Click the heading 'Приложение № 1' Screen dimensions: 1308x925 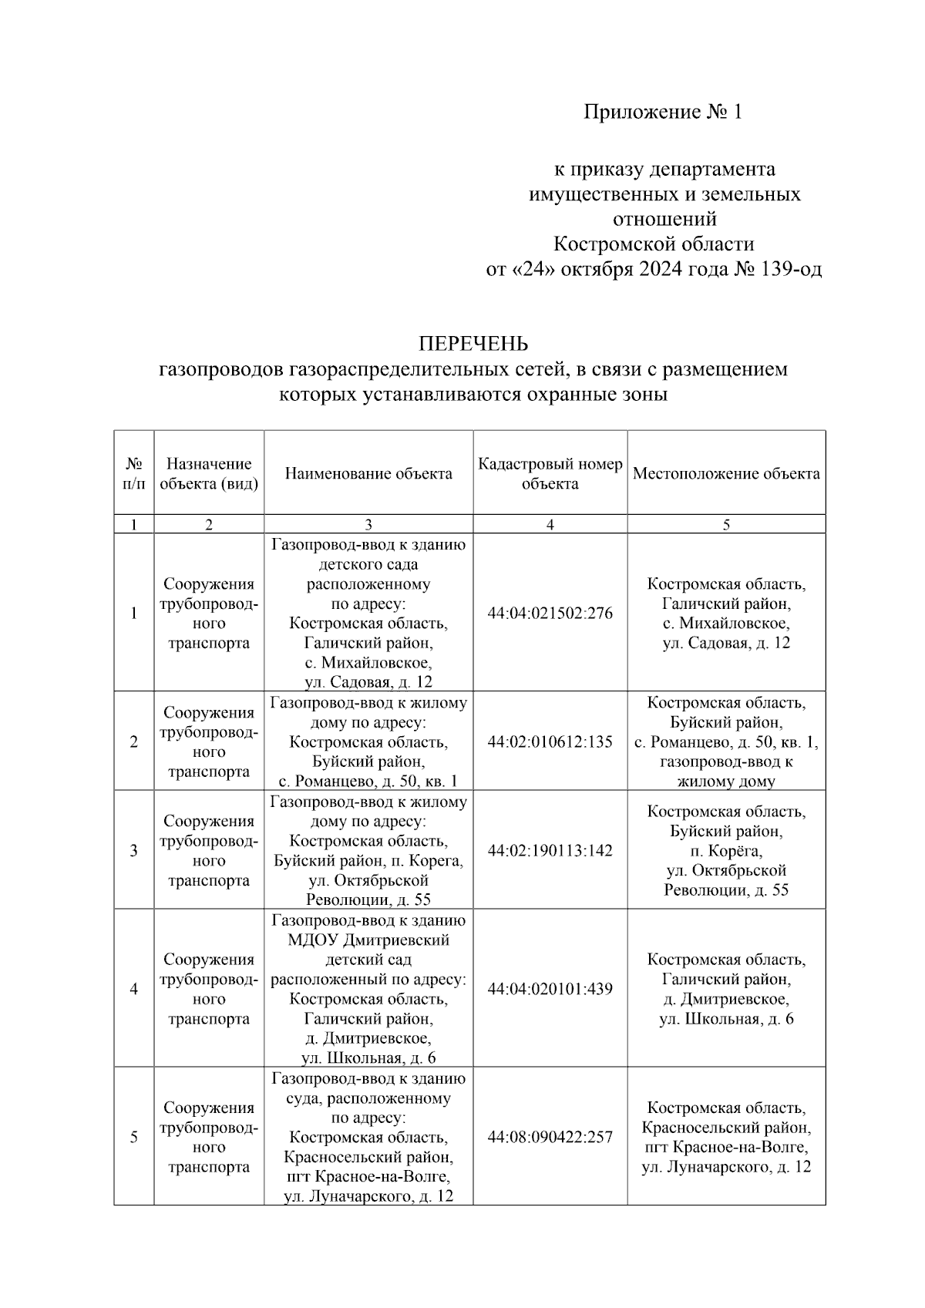click(x=662, y=113)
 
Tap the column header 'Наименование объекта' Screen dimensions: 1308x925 click(x=368, y=474)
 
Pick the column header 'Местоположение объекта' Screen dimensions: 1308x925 click(x=726, y=474)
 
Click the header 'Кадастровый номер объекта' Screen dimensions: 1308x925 click(x=550, y=474)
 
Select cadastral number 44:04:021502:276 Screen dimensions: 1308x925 click(x=550, y=614)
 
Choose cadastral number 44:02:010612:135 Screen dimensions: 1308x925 click(x=550, y=741)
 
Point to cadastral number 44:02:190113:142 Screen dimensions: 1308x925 click(x=550, y=850)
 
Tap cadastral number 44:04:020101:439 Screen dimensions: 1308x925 click(x=550, y=989)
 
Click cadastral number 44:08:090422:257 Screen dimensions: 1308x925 click(x=550, y=1137)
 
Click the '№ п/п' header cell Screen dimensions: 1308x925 click(x=134, y=474)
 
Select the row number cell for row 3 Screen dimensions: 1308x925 click(x=134, y=850)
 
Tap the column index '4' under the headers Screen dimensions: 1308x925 click(x=550, y=525)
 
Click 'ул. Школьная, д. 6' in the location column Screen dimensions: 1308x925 click(x=726, y=1019)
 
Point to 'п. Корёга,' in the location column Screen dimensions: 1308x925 click(x=726, y=851)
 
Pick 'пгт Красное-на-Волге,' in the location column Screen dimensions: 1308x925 click(x=726, y=1148)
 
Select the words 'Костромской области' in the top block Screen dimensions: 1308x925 click(x=654, y=244)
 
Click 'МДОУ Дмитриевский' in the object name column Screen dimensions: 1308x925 click(x=368, y=940)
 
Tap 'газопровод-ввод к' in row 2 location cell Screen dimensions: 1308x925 click(x=726, y=762)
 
